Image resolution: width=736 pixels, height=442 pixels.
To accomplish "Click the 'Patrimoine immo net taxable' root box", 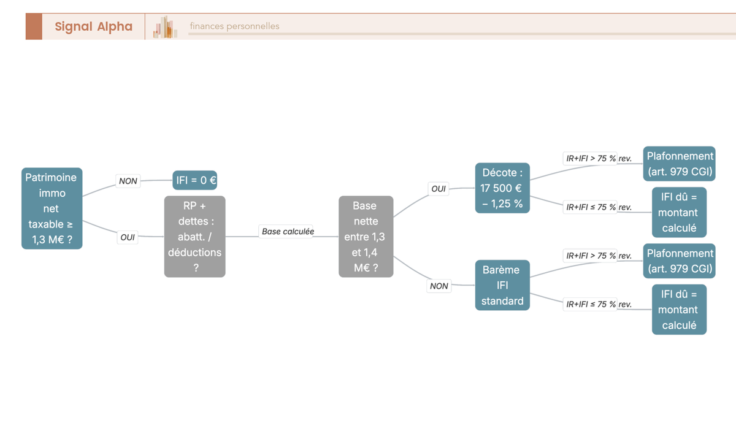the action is point(52,208).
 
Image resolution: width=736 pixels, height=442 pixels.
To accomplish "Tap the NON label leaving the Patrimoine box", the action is point(128,181).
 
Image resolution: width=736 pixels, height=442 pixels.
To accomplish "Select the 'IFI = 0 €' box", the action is point(195,180).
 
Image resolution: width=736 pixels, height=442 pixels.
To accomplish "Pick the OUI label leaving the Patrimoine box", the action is point(128,237).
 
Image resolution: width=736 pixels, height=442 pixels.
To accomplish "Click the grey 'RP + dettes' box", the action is point(195,237).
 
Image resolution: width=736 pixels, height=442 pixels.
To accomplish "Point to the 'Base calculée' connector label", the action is point(288,232).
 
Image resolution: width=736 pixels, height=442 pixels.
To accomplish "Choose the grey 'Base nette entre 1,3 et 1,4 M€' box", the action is point(366,237).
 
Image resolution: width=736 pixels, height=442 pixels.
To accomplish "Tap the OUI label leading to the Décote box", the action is point(439,189).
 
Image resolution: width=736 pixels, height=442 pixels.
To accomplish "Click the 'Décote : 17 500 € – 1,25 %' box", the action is point(502,188).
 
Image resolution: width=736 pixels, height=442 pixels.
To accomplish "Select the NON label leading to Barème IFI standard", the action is point(439,286).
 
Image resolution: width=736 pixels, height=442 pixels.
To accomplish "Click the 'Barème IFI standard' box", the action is point(502,285).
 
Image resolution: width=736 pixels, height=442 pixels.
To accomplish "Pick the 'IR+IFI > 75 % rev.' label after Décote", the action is point(599,159).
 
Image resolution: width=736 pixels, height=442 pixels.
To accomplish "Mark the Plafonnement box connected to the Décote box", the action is point(679,164).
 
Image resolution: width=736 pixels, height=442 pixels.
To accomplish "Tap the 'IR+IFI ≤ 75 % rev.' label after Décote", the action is point(599,207).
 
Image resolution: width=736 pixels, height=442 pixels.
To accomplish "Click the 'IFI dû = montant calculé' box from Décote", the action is point(679,213).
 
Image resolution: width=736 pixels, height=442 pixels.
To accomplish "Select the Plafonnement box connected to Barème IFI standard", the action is point(679,261).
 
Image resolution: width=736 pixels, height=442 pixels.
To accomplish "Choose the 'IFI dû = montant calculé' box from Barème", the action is point(679,310).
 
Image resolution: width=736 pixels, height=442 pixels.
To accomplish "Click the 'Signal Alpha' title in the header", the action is point(94,26).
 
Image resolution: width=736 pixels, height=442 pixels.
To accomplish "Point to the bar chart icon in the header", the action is point(165,27).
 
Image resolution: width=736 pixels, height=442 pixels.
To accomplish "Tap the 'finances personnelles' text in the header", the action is point(234,26).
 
